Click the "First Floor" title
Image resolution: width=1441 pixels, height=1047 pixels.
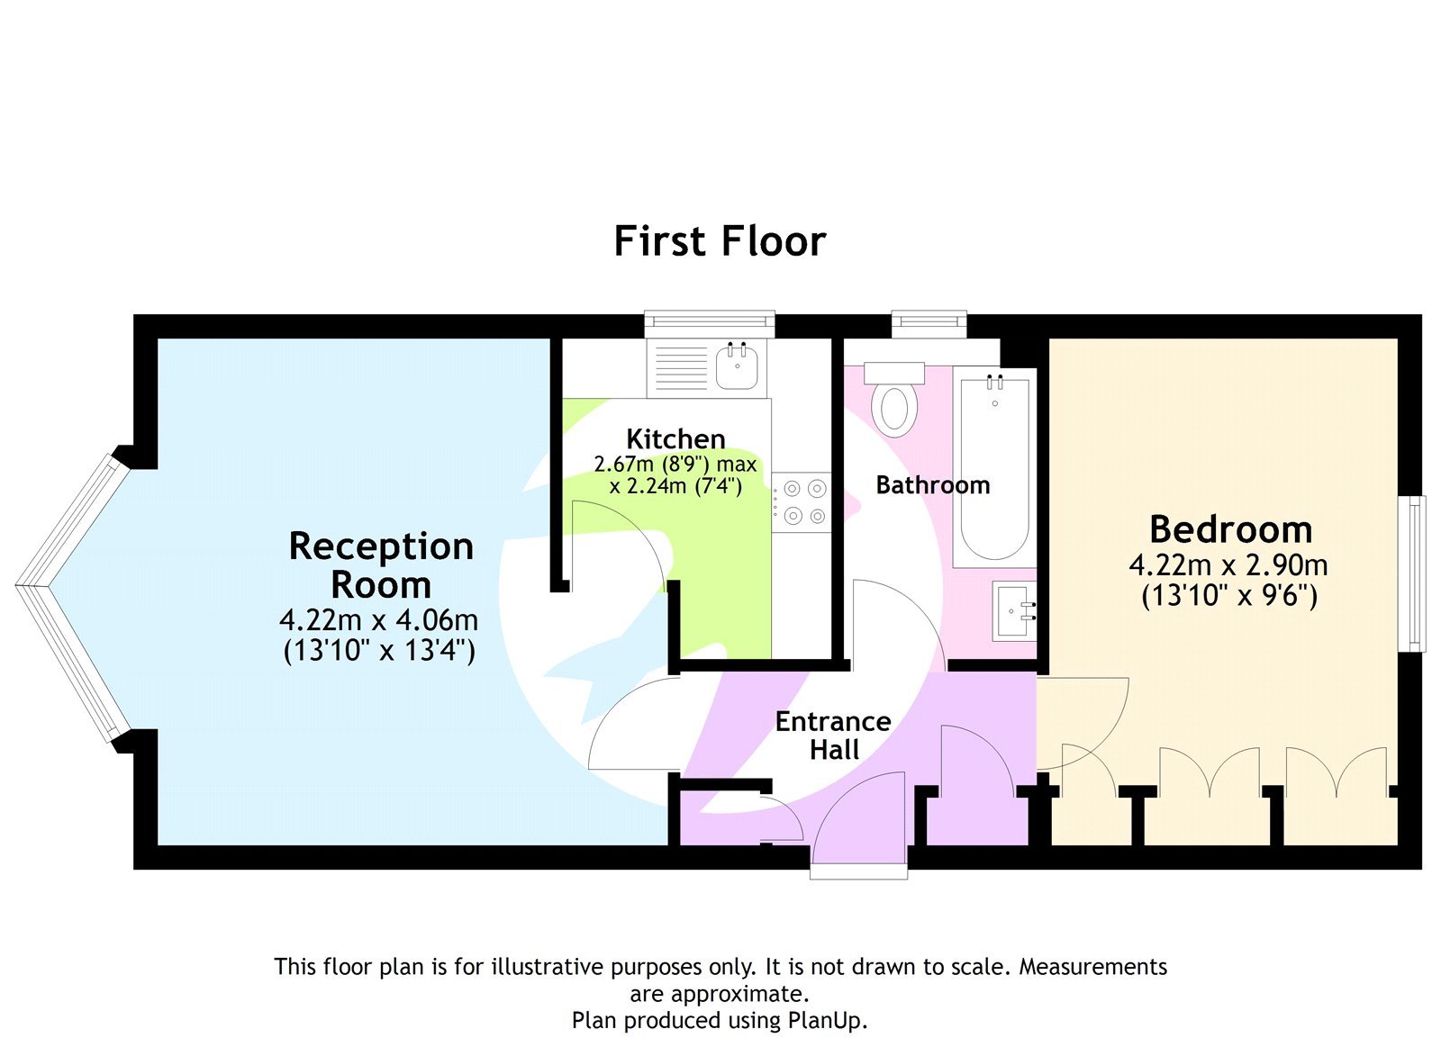(x=720, y=241)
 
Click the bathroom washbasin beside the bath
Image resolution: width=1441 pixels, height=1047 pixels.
(x=1014, y=611)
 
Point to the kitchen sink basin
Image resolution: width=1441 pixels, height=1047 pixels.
(x=738, y=367)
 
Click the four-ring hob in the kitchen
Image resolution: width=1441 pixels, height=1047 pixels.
(x=803, y=502)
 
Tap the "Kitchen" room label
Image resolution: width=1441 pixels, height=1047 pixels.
(x=675, y=439)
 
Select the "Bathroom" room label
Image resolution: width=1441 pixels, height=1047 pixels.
(x=932, y=485)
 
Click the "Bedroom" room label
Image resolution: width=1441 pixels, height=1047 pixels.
(x=1230, y=529)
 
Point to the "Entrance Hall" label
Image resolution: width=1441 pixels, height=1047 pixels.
(x=833, y=736)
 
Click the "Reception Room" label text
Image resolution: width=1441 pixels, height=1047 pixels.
(x=381, y=565)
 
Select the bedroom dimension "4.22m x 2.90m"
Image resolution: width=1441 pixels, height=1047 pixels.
(x=1228, y=565)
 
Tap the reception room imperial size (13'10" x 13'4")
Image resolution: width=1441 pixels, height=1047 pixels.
(x=379, y=650)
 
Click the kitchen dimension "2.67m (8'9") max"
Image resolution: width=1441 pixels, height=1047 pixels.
(x=675, y=465)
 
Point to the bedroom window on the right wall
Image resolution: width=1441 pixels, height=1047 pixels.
(x=1417, y=573)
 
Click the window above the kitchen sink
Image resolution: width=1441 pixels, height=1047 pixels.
(x=710, y=321)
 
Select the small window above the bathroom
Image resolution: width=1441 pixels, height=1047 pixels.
(x=929, y=321)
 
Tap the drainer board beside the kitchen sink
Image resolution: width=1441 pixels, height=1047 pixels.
(x=681, y=367)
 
